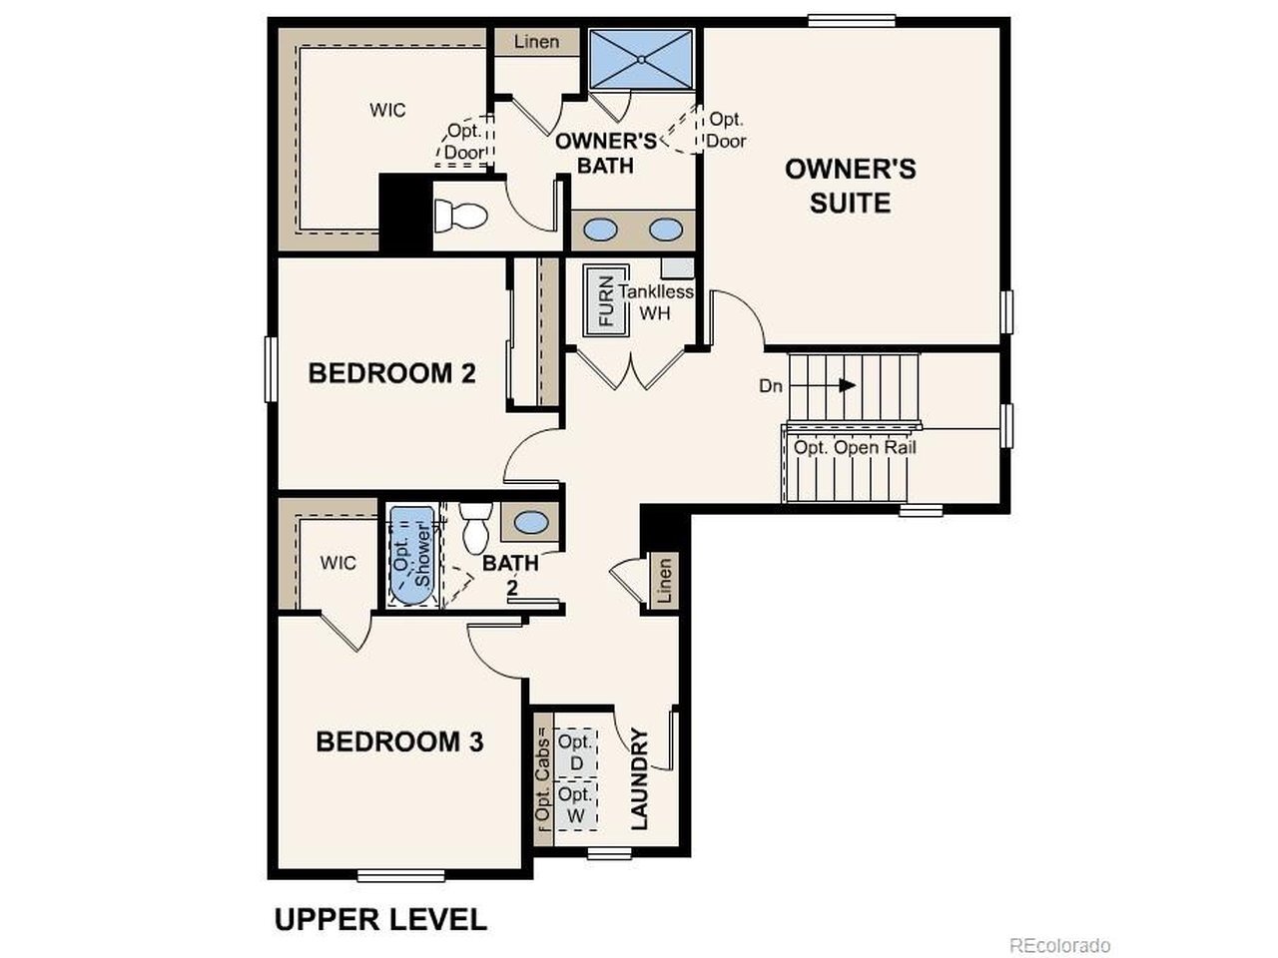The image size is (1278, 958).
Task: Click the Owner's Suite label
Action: tap(850, 186)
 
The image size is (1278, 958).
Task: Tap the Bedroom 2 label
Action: tap(391, 373)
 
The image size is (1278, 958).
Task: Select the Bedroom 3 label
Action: tap(399, 741)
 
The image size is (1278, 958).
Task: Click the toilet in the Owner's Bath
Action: tap(460, 216)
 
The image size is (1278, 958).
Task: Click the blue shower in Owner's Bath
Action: tap(641, 59)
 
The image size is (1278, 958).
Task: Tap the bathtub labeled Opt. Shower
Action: tap(412, 556)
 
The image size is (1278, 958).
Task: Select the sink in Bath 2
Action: tap(530, 520)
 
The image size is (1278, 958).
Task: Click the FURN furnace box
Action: tap(606, 300)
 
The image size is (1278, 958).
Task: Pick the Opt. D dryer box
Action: tap(575, 752)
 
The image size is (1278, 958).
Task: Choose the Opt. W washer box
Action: tap(575, 805)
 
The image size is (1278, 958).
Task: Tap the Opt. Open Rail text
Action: tap(855, 448)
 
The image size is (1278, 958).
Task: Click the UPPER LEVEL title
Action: tap(380, 920)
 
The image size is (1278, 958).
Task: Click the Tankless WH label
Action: tap(656, 302)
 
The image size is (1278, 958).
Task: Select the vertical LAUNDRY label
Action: tap(639, 778)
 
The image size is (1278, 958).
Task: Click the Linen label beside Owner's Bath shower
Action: tap(536, 42)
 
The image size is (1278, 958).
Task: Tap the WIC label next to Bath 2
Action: tap(337, 563)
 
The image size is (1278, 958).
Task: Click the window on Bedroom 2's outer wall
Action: tap(271, 369)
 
